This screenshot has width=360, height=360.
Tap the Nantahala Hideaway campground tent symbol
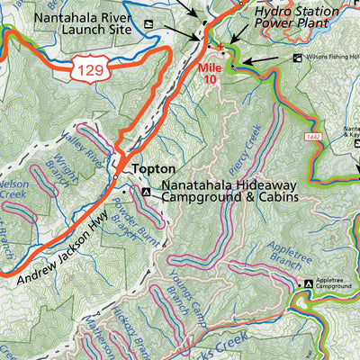[146, 191]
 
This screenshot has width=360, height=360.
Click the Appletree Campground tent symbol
[309, 284]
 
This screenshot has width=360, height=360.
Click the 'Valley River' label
[81, 148]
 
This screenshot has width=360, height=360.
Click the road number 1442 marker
[311, 136]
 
